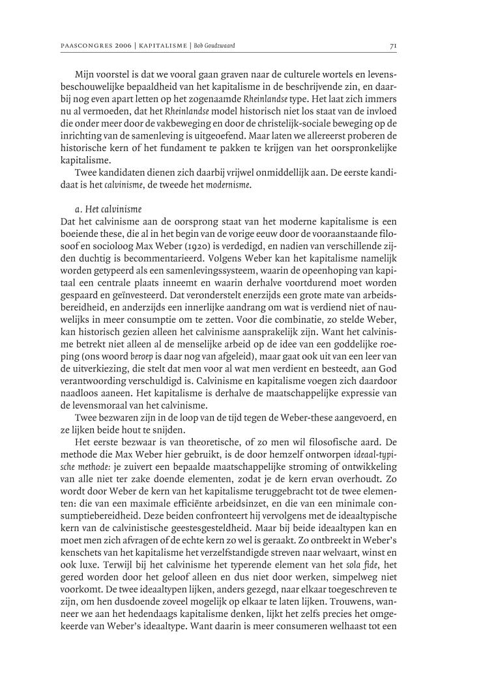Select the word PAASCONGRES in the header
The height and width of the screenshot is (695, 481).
click(83, 46)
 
